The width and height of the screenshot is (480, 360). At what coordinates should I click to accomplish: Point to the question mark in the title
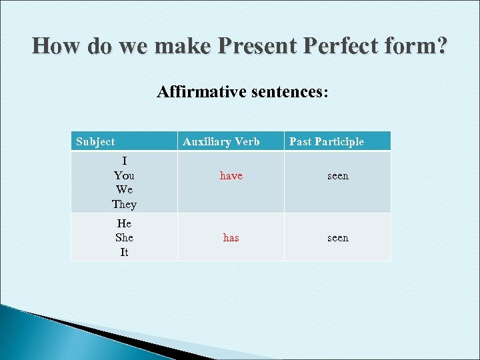[441, 46]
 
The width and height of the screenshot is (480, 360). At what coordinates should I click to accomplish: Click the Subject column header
[95, 141]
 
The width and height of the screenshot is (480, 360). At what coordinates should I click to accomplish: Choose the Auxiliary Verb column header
[221, 141]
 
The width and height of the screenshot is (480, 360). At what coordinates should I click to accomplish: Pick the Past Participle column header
[327, 141]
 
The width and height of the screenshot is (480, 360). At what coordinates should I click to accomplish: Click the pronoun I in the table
[124, 161]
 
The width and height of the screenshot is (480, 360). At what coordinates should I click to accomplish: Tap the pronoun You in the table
[124, 175]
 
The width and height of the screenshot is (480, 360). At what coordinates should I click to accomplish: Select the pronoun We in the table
[124, 190]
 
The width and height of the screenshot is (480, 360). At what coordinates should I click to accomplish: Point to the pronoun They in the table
[124, 205]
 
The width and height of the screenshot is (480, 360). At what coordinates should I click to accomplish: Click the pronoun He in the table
[124, 223]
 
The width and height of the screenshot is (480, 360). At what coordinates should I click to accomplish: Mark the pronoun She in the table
[124, 238]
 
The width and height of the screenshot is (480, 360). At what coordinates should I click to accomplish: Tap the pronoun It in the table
[124, 253]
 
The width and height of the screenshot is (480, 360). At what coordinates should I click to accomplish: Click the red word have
[231, 176]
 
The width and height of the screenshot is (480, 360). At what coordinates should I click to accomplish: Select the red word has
[231, 238]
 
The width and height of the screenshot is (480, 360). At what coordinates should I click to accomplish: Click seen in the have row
[337, 176]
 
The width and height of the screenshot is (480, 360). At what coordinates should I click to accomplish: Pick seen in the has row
[337, 238]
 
